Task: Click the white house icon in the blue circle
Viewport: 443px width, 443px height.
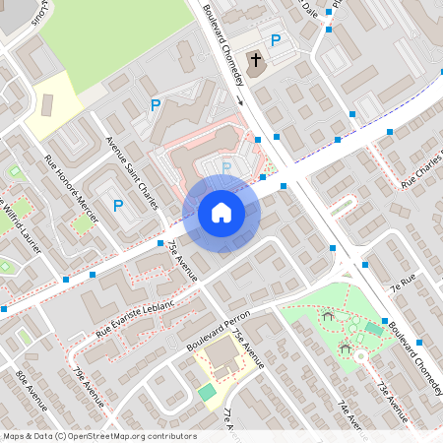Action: (x=221, y=213)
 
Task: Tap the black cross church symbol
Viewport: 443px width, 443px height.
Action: (x=256, y=61)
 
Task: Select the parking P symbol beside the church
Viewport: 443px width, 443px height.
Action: (x=276, y=41)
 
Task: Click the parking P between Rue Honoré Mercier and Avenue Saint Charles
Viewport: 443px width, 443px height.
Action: (x=118, y=206)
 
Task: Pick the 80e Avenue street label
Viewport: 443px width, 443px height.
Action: (x=32, y=390)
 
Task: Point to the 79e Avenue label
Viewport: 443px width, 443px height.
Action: (x=88, y=387)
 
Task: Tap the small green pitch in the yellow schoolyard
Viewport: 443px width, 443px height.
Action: (x=207, y=393)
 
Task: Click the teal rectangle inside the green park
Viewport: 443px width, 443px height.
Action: (x=372, y=328)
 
